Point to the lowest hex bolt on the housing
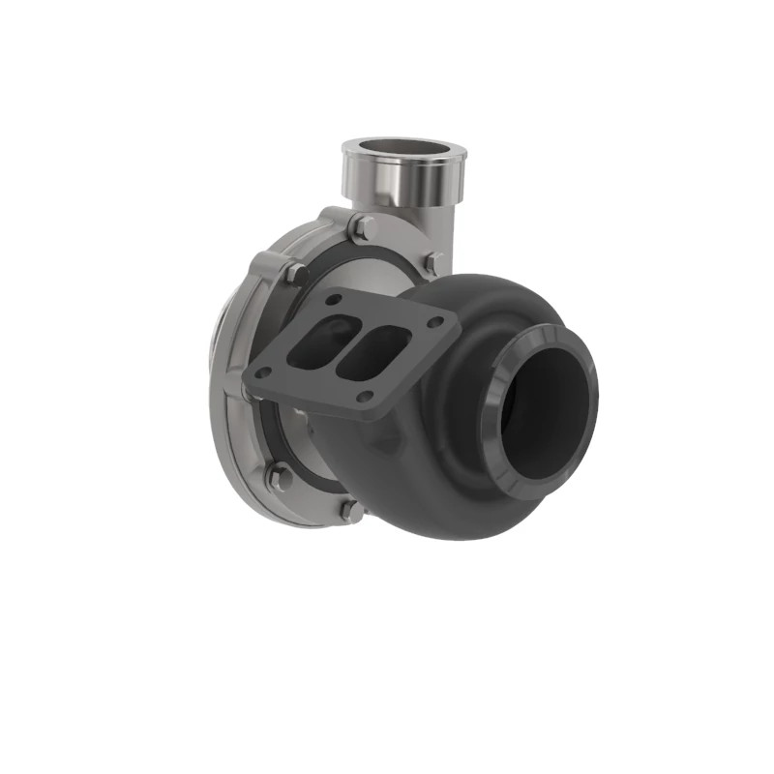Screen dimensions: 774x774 click(350, 509)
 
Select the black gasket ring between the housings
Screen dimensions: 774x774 click(290, 440)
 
